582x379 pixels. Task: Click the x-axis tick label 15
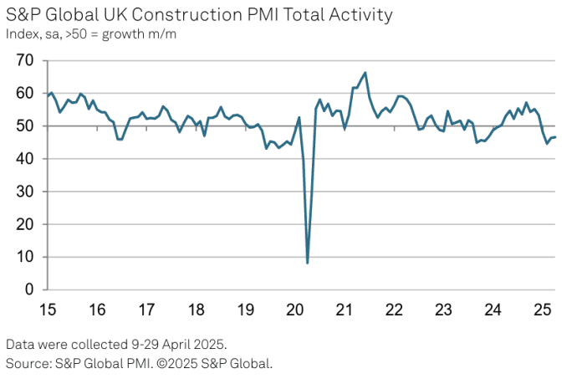[x=48, y=310]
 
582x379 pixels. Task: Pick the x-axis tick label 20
[x=295, y=310]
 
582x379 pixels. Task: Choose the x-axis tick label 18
[x=197, y=310]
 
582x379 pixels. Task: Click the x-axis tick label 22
[x=394, y=310]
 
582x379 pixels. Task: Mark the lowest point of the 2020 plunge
[x=308, y=263]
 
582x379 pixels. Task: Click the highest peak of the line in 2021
[x=365, y=73]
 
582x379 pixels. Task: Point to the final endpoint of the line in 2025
[x=555, y=137]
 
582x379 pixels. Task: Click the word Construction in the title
[x=142, y=15]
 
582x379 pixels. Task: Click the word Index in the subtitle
[x=20, y=34]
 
